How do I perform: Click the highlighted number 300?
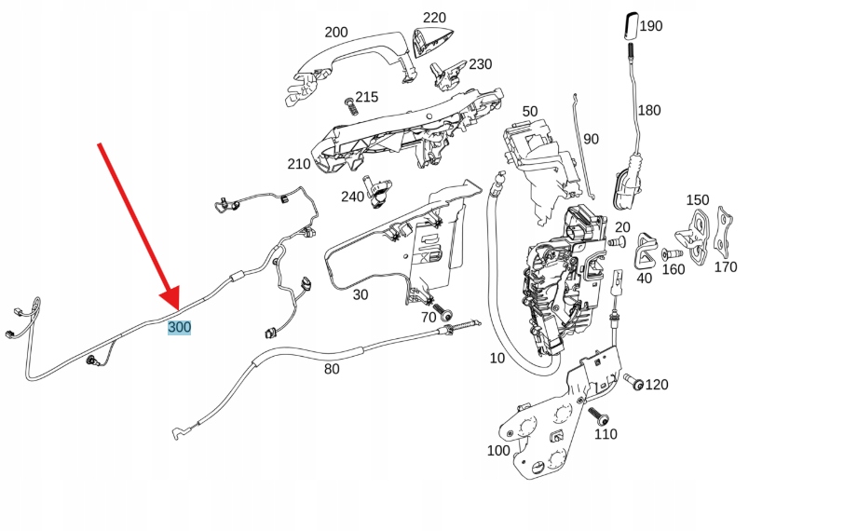coord(179,328)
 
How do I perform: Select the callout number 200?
coord(336,33)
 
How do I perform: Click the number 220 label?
coord(434,18)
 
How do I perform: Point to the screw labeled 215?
coord(351,103)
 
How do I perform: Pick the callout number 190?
coord(651,26)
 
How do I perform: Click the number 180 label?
coord(649,111)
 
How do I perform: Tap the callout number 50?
coord(529,112)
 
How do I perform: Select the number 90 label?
coord(592,139)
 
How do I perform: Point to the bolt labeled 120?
coord(634,382)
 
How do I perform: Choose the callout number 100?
coord(498,451)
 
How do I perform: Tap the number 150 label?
coord(698,200)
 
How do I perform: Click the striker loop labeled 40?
coord(643,247)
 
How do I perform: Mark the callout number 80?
coord(332,369)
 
